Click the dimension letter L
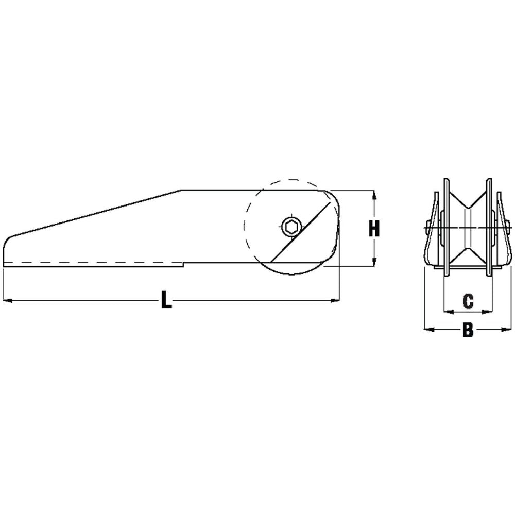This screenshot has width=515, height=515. (x=166, y=300)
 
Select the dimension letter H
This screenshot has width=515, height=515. (x=374, y=228)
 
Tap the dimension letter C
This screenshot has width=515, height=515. (x=468, y=301)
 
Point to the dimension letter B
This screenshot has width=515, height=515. (x=468, y=330)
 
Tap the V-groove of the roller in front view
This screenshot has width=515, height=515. (x=468, y=227)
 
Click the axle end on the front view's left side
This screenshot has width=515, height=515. (x=427, y=226)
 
